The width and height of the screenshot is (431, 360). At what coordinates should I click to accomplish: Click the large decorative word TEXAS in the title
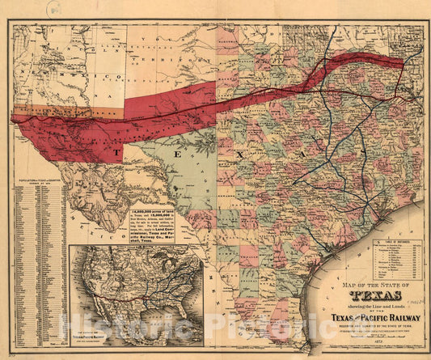(x=353, y=294)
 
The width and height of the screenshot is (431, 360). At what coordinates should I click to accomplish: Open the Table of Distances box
(x=394, y=258)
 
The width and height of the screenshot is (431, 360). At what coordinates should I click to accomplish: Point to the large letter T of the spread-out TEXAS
(x=118, y=152)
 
